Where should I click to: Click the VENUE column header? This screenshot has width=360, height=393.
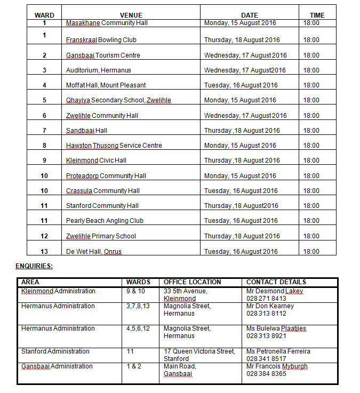[131, 15]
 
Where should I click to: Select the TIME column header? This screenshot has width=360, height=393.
[317, 15]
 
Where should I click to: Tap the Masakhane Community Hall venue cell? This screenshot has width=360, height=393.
[107, 23]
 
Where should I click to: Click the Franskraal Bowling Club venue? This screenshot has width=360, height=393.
[101, 40]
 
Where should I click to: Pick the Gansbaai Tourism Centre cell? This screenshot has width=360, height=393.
[103, 55]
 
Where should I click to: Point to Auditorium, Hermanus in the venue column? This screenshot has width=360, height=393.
[98, 70]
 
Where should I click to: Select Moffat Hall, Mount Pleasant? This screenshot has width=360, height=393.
[106, 85]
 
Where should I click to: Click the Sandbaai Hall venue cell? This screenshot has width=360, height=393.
[86, 131]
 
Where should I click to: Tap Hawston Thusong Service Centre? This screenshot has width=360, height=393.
[114, 146]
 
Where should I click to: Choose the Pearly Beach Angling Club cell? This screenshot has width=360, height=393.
[105, 221]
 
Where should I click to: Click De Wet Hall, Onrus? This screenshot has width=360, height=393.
[94, 252]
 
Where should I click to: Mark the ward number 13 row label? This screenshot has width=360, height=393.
[44, 252]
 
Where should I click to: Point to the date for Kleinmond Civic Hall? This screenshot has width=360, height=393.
[242, 161]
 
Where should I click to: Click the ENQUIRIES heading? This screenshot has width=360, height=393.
[34, 266]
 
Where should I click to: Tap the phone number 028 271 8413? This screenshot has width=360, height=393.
[266, 299]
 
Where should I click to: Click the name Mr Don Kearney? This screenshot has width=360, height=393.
[270, 306]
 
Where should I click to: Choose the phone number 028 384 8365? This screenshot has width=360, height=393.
[266, 374]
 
